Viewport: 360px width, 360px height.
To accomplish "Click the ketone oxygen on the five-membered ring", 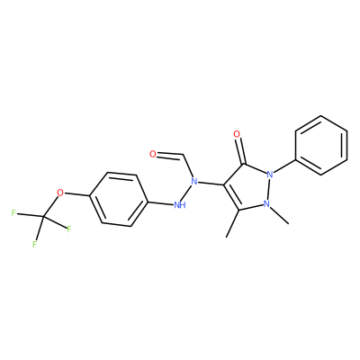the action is pyautogui.click(x=237, y=134).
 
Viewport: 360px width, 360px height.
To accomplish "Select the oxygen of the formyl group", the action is pyautogui.click(x=153, y=154).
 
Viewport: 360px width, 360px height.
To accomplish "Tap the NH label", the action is pyautogui.click(x=180, y=205).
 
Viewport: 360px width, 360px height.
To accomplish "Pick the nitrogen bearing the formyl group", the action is pyautogui.click(x=194, y=181).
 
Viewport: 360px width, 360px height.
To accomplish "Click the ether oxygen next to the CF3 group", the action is pyautogui.click(x=60, y=193).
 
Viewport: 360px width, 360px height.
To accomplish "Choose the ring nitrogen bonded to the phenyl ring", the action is pyautogui.click(x=270, y=174).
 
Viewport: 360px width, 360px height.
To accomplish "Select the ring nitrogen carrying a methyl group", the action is pyautogui.click(x=266, y=204).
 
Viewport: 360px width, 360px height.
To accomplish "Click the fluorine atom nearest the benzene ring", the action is pyautogui.click(x=69, y=229).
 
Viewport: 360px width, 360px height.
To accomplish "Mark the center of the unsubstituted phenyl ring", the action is pyautogui.click(x=321, y=145).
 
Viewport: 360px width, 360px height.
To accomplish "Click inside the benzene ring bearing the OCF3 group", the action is pyautogui.click(x=119, y=199).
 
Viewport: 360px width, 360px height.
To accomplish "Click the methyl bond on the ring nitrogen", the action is pyautogui.click(x=279, y=215).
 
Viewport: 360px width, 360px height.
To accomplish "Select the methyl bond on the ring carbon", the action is pyautogui.click(x=232, y=224).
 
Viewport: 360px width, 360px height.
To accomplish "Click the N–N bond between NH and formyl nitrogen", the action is pyautogui.click(x=188, y=193).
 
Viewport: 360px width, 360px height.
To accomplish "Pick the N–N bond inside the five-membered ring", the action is pyautogui.click(x=268, y=189).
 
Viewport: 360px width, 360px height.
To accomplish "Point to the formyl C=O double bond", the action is pyautogui.click(x=170, y=156).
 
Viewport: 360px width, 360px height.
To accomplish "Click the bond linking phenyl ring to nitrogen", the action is pyautogui.click(x=284, y=166).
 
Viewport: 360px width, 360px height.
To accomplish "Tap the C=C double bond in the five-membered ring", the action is pyautogui.click(x=231, y=197).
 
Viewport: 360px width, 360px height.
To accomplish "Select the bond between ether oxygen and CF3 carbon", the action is pyautogui.click(x=51, y=205).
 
